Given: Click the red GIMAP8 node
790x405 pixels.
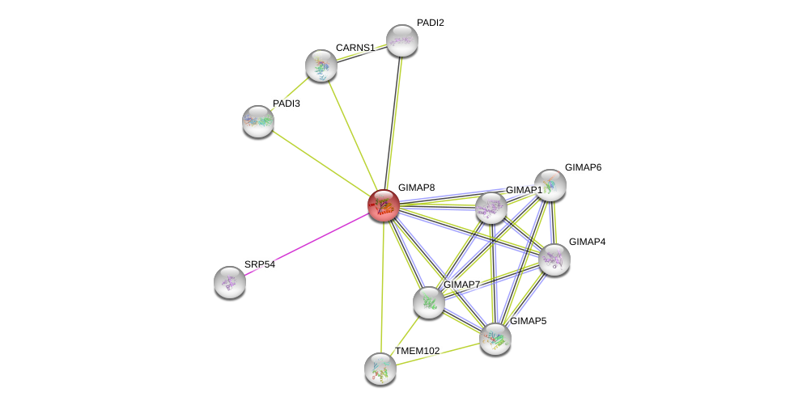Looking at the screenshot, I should pos(384,205).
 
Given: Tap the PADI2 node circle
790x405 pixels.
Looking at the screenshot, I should pos(401,40).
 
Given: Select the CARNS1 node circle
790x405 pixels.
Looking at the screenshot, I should pos(321,65).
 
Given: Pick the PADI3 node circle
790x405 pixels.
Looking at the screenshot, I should pos(258,121).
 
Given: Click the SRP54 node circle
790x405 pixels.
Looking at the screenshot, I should pos(230,282).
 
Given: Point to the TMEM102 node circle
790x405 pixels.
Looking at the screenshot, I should pos(380,369).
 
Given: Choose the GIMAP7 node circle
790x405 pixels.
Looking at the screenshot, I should pos(428,302).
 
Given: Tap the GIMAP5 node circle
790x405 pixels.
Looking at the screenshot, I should pos(495,339).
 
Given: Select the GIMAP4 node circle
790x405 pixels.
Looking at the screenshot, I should pos(554,259).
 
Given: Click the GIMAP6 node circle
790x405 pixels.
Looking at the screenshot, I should pos(550,185).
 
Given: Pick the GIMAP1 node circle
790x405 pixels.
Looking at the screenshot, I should pos(491,208).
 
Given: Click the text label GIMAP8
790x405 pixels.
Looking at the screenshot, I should pos(416,188).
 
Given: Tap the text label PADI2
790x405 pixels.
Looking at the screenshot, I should pos(430,23).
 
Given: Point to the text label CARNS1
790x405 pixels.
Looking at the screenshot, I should pos(355,48).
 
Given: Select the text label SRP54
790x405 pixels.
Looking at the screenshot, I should pos(260,264).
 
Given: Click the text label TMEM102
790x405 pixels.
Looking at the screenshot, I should pos(417,351).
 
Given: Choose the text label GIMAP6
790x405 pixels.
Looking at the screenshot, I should pos(583,167).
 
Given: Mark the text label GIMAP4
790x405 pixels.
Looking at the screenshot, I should pos(587,242).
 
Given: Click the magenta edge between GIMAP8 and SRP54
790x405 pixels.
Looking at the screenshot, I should pos(308,243).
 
